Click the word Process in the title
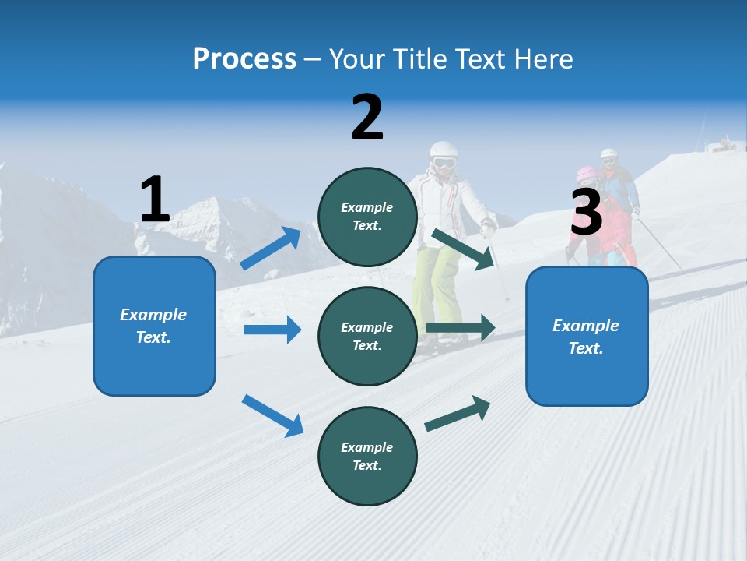[x=244, y=58]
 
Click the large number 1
[x=155, y=199]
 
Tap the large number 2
[x=367, y=117]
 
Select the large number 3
[x=586, y=213]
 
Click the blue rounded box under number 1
[x=154, y=326]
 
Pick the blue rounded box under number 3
[x=587, y=336]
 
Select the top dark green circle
[x=367, y=216]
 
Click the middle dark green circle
[x=367, y=336]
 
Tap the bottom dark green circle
[x=367, y=456]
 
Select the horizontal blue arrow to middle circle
[x=272, y=330]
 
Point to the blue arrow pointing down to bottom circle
[x=272, y=415]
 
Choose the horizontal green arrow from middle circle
[x=461, y=328]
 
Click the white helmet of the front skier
[x=444, y=152]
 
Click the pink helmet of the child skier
[x=586, y=173]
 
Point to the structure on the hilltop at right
[x=724, y=145]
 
